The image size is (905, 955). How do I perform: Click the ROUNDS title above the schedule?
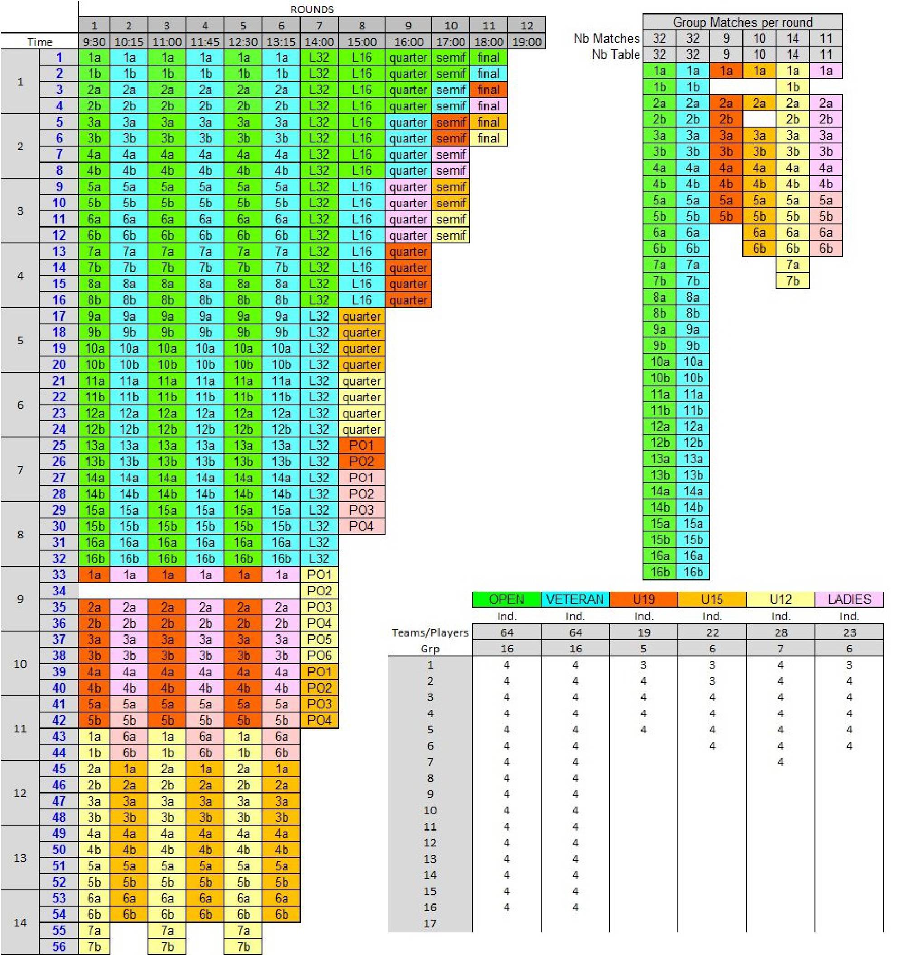312,9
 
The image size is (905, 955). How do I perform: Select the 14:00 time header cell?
319,42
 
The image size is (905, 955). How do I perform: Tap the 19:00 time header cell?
526,42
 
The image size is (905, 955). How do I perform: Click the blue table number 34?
59,590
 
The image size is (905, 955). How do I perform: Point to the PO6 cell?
319,655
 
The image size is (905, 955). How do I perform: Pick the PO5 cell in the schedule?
319,639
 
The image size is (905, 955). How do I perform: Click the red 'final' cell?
488,90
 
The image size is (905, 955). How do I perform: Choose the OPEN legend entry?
506,599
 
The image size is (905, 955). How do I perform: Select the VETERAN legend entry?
575,599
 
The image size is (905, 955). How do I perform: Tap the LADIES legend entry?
848,599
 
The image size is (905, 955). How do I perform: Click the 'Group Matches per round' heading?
742,22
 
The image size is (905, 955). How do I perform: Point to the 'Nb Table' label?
615,54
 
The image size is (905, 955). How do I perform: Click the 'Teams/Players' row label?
430,632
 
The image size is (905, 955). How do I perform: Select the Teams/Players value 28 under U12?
780,632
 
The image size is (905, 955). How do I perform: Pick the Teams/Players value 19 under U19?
643,632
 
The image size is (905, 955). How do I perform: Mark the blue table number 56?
59,946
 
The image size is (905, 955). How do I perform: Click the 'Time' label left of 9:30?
39,42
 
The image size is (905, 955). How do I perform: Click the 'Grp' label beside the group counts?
430,649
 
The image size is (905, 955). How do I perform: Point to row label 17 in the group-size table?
430,923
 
